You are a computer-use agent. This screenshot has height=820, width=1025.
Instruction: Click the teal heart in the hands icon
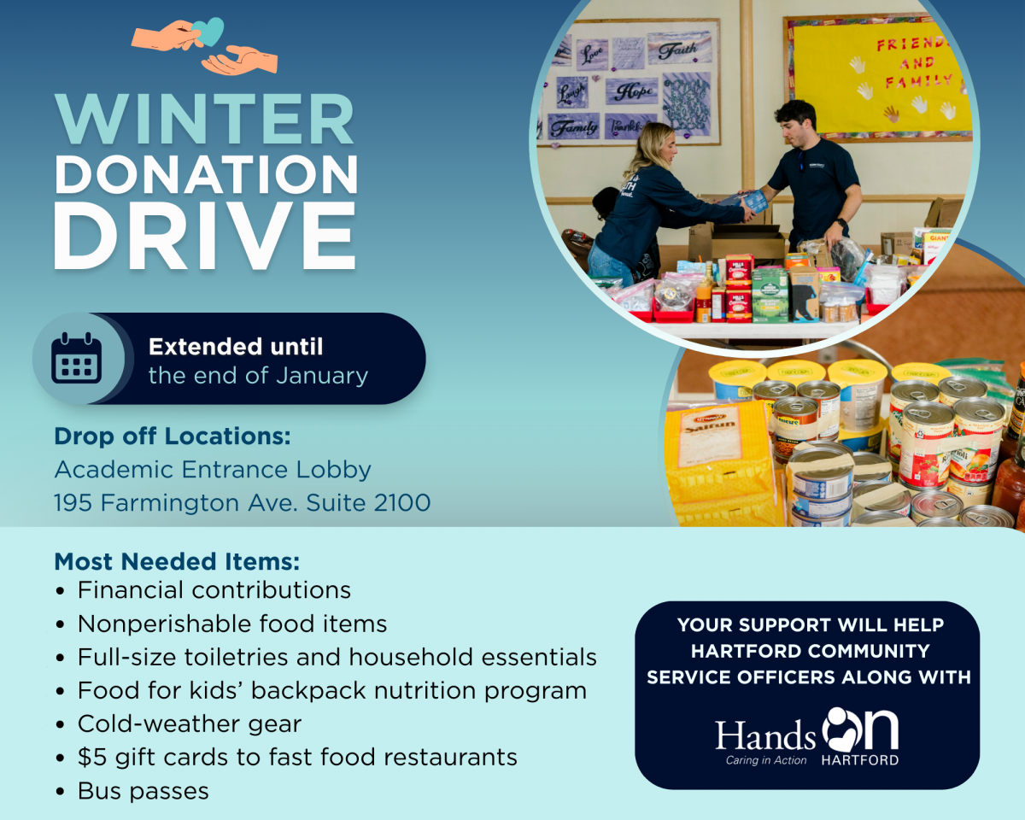pyautogui.click(x=208, y=32)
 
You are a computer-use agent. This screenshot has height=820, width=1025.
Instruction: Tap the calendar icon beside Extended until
pyautogui.click(x=76, y=358)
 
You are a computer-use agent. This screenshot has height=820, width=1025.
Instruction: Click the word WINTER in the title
pyautogui.click(x=205, y=119)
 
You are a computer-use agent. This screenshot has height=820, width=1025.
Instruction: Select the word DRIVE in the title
pyautogui.click(x=205, y=235)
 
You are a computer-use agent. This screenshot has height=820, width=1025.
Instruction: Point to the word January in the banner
pyautogui.click(x=322, y=376)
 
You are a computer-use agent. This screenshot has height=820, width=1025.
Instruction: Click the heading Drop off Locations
pyautogui.click(x=173, y=436)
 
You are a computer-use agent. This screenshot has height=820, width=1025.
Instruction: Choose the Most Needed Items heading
pyautogui.click(x=177, y=561)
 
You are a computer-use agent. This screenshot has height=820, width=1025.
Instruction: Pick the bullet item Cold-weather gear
pyautogui.click(x=190, y=724)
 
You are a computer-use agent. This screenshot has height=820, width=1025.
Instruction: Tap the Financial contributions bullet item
pyautogui.click(x=214, y=590)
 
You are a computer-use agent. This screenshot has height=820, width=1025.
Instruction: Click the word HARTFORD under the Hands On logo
pyautogui.click(x=860, y=760)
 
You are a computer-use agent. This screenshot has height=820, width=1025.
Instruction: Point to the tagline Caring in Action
pyautogui.click(x=766, y=760)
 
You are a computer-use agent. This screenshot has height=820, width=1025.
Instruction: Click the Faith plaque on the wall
pyautogui.click(x=680, y=49)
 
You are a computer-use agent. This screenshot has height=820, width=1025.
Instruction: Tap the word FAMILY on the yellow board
pyautogui.click(x=919, y=82)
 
